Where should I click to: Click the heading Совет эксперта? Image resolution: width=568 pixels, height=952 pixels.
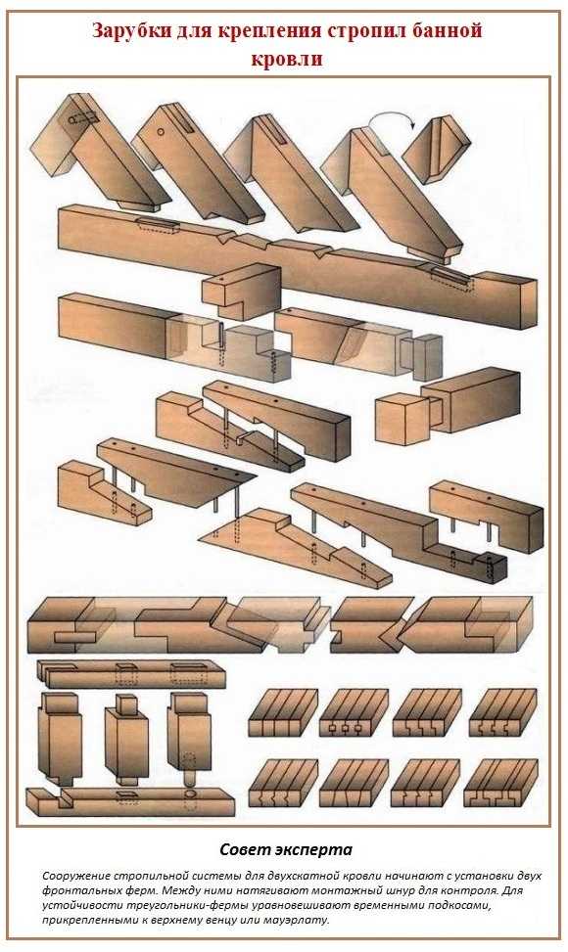click(x=286, y=849)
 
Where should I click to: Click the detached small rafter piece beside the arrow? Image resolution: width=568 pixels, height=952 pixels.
click(x=436, y=150)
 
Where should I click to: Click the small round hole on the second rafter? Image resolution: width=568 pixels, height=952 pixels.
click(x=161, y=131)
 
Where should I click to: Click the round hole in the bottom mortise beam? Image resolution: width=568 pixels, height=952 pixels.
click(x=190, y=793)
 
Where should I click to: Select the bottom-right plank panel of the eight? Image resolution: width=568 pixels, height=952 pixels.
click(x=500, y=783)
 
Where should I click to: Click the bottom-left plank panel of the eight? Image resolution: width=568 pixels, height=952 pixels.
click(x=284, y=783)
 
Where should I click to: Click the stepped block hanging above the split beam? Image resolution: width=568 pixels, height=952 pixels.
click(x=241, y=292)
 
